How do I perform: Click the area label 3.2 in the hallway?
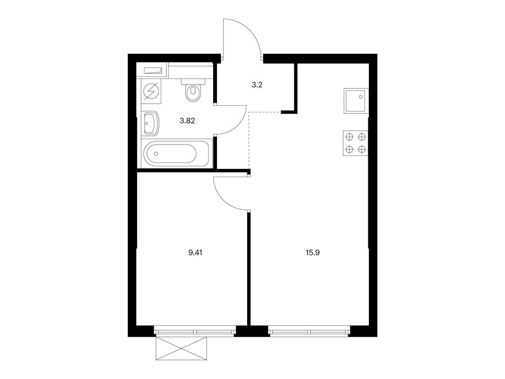click(256, 85)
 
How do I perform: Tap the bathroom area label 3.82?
click(187, 121)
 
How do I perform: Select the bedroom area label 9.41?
click(195, 253)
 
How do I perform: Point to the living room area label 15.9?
click(312, 253)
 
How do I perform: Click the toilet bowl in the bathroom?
click(193, 93)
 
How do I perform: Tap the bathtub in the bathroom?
click(176, 153)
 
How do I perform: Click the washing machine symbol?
click(150, 91)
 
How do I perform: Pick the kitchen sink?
click(356, 101)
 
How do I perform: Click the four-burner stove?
click(356, 143)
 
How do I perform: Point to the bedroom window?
click(194, 331)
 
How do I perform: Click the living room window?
click(309, 331)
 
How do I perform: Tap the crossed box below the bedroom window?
click(181, 348)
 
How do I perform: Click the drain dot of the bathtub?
click(156, 153)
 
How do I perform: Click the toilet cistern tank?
click(193, 81)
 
